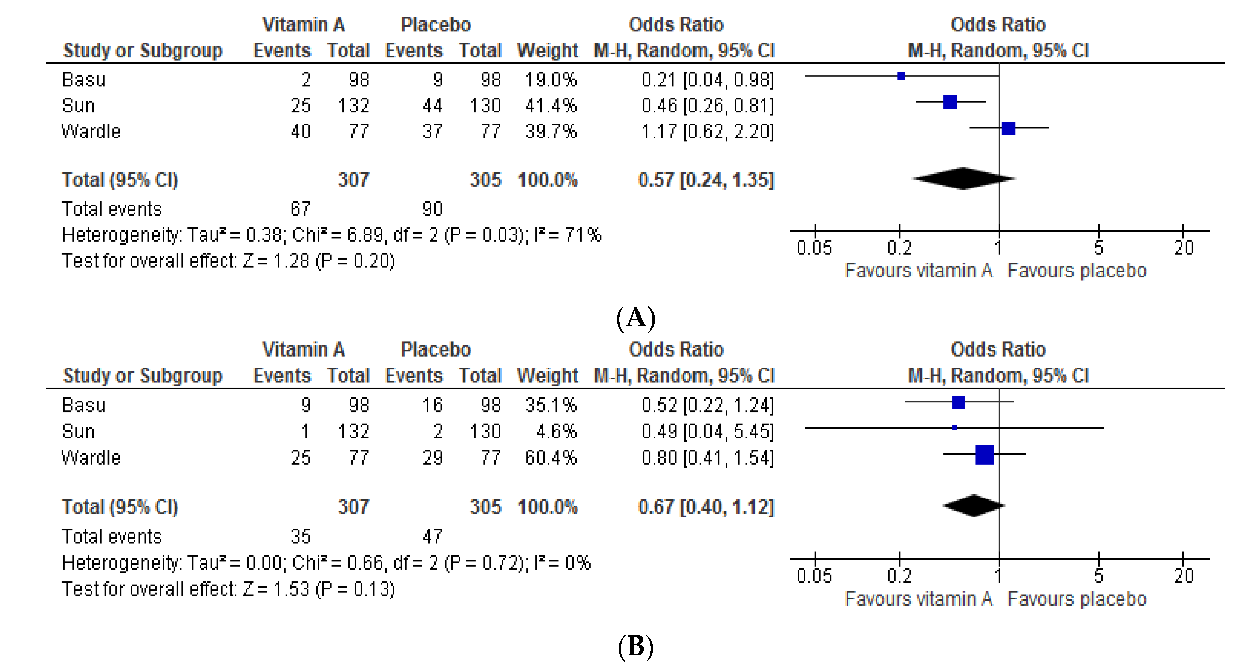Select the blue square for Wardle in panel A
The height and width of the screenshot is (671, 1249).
pos(1008,129)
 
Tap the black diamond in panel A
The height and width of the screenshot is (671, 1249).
pos(963,179)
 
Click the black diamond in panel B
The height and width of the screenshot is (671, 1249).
pos(974,505)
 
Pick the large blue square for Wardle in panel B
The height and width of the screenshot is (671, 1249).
pos(984,455)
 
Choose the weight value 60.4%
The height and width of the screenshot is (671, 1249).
pos(551,458)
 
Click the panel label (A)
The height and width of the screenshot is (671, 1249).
pos(636,318)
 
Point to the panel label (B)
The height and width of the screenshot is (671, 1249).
pos(636,647)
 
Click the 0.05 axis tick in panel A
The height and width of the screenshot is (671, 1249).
pos(815,248)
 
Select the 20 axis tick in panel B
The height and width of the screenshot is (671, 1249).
pos(1183,575)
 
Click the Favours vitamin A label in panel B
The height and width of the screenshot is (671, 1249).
pos(918,599)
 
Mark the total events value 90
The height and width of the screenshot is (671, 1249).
pos(432,209)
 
